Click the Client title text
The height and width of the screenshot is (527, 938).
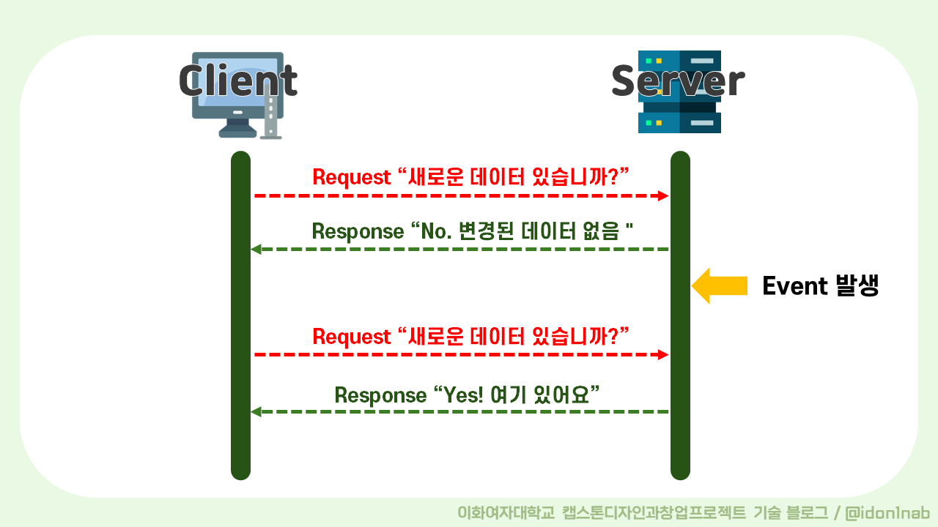click(238, 81)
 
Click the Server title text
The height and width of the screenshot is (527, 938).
click(678, 81)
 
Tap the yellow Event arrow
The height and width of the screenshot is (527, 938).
click(720, 285)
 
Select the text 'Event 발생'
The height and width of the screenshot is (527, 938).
click(820, 285)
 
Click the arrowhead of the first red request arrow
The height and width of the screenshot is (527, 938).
click(663, 195)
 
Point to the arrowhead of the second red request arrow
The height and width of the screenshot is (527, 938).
click(663, 355)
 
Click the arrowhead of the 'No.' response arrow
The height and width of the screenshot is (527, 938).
click(256, 250)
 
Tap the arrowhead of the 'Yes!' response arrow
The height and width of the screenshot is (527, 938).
click(256, 412)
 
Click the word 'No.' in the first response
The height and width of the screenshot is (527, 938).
click(436, 231)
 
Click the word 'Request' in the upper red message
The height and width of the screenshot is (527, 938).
click(351, 177)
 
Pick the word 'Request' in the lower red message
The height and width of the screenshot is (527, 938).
click(351, 337)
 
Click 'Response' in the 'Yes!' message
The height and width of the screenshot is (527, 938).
click(380, 395)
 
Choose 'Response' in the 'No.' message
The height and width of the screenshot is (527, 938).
click(358, 232)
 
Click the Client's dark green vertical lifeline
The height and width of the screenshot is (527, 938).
click(241, 315)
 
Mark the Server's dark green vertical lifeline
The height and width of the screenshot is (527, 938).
click(680, 315)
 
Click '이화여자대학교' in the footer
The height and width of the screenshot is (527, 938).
click(506, 513)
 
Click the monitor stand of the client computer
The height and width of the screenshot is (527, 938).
click(237, 128)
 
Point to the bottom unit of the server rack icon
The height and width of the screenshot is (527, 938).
click(679, 123)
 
